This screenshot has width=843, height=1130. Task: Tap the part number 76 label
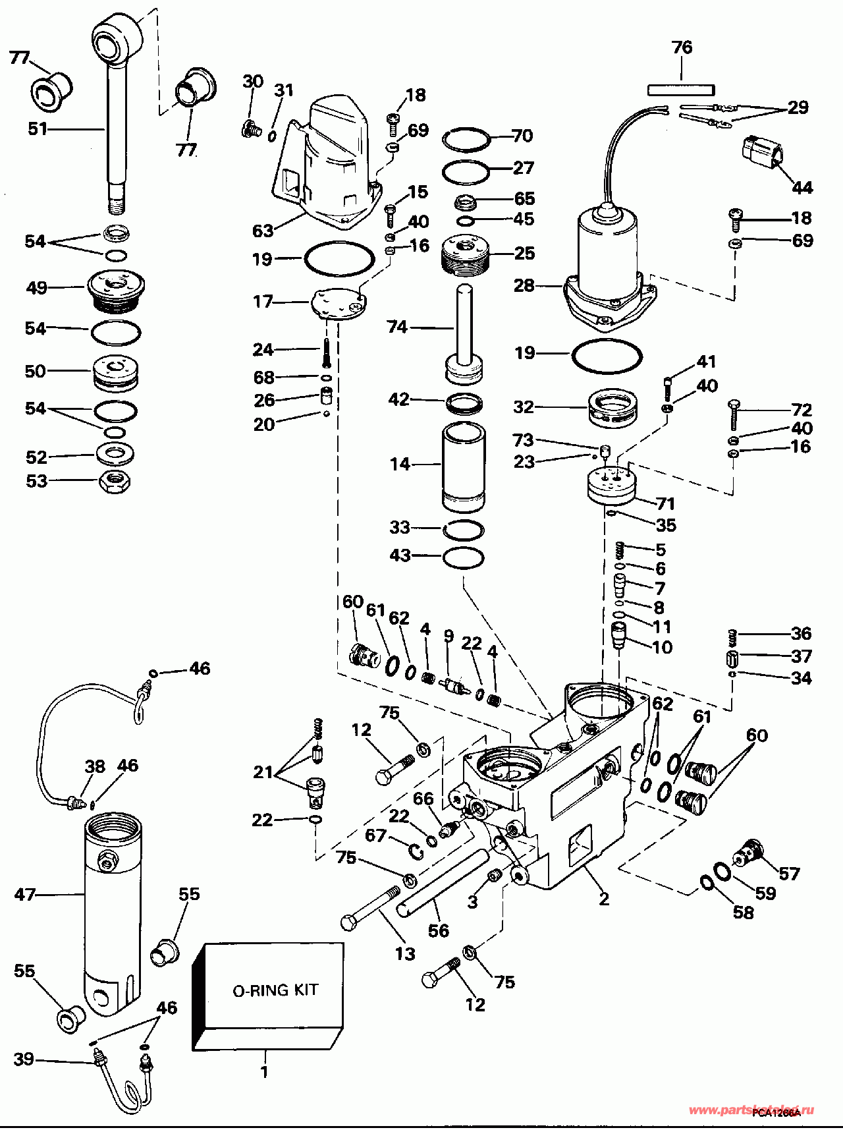click(x=682, y=47)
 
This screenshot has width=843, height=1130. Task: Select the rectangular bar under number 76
click(x=681, y=88)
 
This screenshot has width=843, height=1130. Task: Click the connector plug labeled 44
click(x=762, y=154)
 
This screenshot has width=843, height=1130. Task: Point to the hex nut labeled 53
click(x=115, y=482)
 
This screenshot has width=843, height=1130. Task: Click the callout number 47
click(x=24, y=894)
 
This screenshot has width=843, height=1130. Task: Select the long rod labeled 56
click(x=443, y=882)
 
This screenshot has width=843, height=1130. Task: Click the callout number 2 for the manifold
click(x=604, y=898)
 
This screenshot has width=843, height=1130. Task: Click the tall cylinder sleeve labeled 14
click(x=464, y=466)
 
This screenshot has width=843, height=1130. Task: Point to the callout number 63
click(x=263, y=231)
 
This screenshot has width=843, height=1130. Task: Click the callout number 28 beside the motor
click(x=524, y=285)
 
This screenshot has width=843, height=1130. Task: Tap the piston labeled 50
click(x=116, y=372)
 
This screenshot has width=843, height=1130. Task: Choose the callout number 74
click(x=397, y=327)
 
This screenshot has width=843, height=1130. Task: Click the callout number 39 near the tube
click(x=24, y=1059)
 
